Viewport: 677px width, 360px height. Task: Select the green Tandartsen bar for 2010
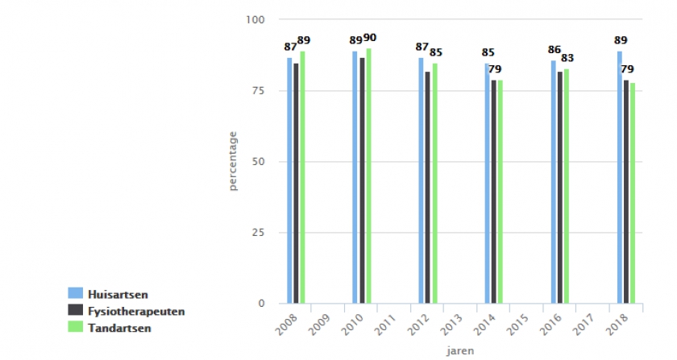coord(368,176)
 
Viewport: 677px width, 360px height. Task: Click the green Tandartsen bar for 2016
coord(567,186)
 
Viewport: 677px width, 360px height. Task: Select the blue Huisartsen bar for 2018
coord(619,177)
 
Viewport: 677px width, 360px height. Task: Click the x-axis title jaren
coord(461,351)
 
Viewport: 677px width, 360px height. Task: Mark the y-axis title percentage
coord(233,162)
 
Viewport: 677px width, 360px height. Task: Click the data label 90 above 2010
coord(370,38)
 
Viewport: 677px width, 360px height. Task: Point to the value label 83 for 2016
coord(568,58)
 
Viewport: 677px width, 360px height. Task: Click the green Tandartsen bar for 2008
coord(302,177)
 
